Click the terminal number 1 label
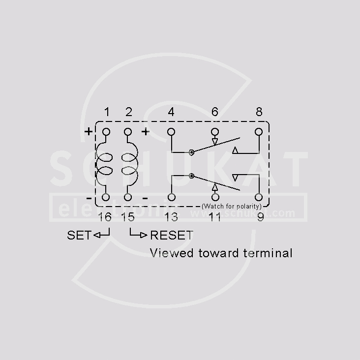(107, 112)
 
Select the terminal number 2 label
(128, 112)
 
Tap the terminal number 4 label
(171, 112)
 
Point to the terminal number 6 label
(214, 112)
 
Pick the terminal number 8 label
(259, 112)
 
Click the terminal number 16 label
(105, 217)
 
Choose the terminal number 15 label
(127, 217)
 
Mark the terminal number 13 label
(171, 217)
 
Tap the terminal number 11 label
(214, 217)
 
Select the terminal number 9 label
(260, 217)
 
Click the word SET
(79, 235)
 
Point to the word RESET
(172, 235)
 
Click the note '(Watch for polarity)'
(232, 207)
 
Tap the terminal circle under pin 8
(259, 132)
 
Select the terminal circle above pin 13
(171, 197)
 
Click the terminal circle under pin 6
(214, 132)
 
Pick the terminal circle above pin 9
(259, 197)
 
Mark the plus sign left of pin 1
(89, 131)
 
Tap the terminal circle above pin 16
(106, 197)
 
